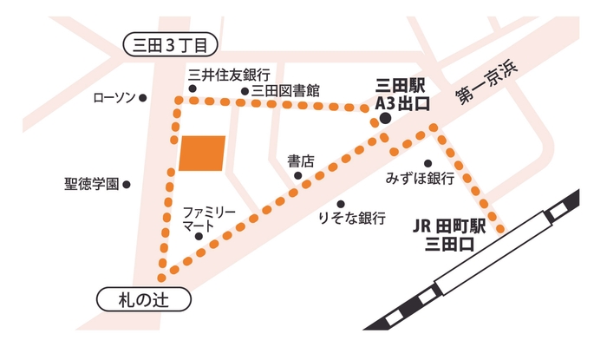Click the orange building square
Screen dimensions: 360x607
[202, 153]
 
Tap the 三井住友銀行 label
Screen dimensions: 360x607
[230, 75]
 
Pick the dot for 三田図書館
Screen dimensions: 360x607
[245, 90]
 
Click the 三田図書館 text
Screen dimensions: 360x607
[285, 90]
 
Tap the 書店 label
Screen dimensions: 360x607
[300, 160]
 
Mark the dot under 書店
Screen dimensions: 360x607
[297, 176]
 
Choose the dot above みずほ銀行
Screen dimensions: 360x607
[427, 162]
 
